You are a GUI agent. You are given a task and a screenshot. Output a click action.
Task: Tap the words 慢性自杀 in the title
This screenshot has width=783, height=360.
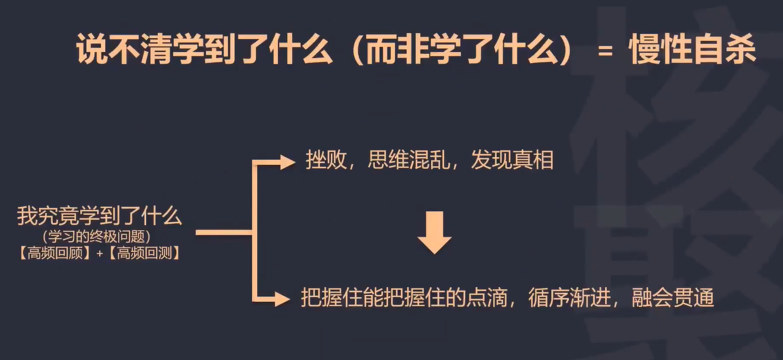tap(692, 51)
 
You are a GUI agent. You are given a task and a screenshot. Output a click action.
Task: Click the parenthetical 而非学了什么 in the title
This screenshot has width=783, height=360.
tap(462, 51)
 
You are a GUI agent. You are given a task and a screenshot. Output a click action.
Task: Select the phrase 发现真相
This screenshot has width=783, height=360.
tap(511, 161)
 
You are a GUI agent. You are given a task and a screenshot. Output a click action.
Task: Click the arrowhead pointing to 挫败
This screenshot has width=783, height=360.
tap(287, 162)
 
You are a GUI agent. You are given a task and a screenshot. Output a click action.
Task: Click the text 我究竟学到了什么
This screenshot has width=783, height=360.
tap(99, 216)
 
